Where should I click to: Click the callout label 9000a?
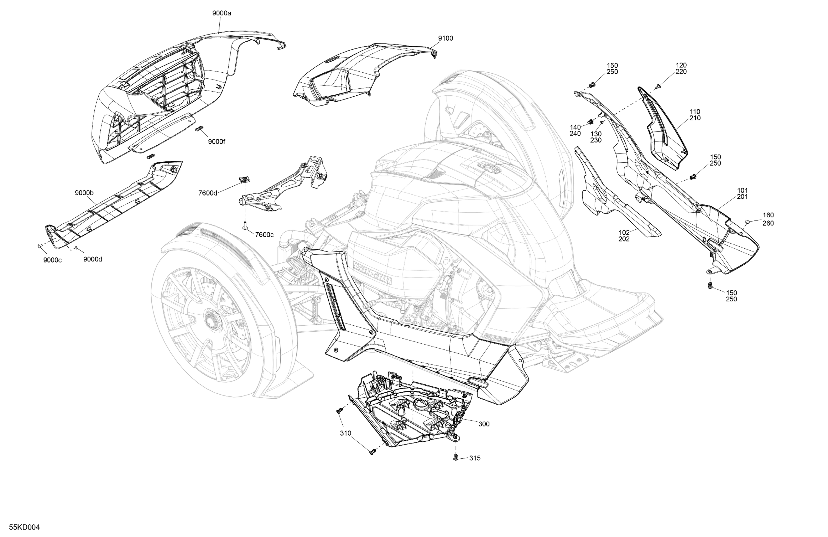[x=222, y=13]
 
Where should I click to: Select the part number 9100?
[x=445, y=38]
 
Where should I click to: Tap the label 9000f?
[x=216, y=142]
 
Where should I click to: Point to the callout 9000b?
[x=84, y=193]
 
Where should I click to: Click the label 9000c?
[x=52, y=260]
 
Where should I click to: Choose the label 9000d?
[x=93, y=259]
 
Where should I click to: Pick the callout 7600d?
[x=208, y=193]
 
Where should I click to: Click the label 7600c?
[x=264, y=235]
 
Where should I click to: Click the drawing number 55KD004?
[x=24, y=527]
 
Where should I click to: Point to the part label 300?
[x=483, y=424]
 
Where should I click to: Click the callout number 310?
[x=345, y=433]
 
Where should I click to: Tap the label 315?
[x=475, y=458]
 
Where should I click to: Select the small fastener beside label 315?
[x=456, y=457]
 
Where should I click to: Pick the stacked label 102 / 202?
[x=624, y=236]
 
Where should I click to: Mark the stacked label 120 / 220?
[x=681, y=68]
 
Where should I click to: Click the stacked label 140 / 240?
[x=575, y=130]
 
